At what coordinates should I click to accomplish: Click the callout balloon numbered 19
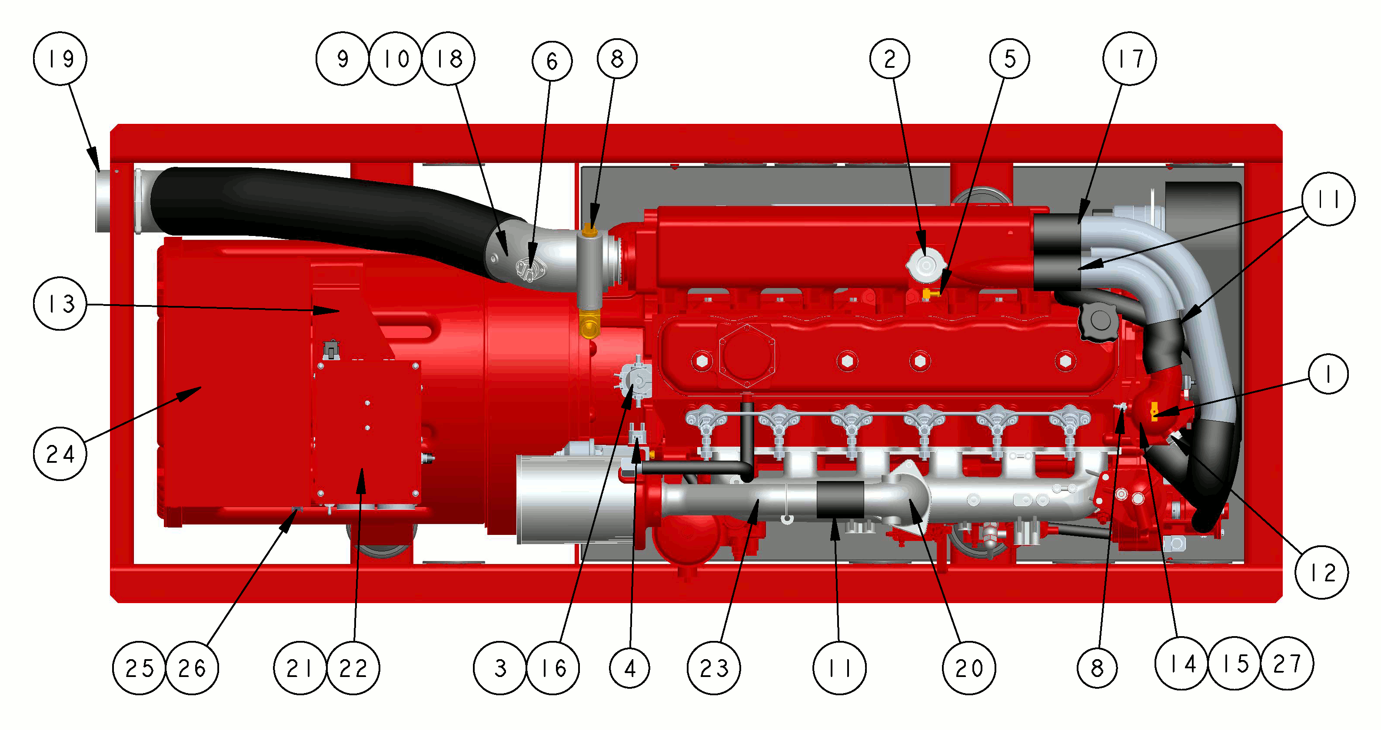[60, 58]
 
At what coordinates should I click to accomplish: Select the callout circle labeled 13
[60, 303]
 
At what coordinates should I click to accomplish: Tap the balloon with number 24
[60, 454]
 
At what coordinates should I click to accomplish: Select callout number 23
[714, 668]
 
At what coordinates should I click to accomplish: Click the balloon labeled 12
[1321, 572]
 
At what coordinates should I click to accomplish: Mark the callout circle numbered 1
[1328, 374]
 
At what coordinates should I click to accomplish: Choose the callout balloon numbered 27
[1287, 664]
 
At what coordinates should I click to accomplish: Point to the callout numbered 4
[630, 668]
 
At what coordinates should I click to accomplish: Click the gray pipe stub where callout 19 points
[103, 201]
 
